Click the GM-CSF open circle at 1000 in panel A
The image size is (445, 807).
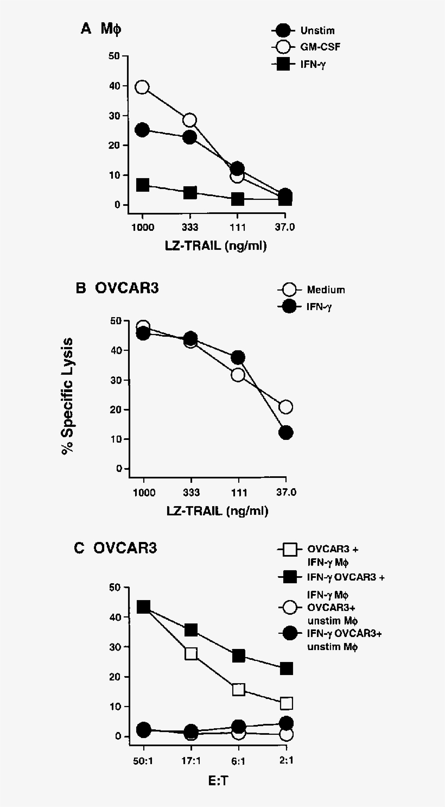pyautogui.click(x=142, y=87)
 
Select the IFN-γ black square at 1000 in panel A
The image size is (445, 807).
pyautogui.click(x=142, y=185)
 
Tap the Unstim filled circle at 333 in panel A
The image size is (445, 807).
pyautogui.click(x=190, y=137)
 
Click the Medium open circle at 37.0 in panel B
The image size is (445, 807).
pyautogui.click(x=286, y=407)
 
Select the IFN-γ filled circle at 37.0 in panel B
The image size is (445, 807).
pyautogui.click(x=286, y=432)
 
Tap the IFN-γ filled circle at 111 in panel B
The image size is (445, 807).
pyautogui.click(x=238, y=357)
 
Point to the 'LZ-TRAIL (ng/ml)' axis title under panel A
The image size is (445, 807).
pyautogui.click(x=216, y=245)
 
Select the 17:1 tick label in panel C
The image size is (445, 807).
pyautogui.click(x=190, y=760)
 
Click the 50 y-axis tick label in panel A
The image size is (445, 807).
pyautogui.click(x=114, y=56)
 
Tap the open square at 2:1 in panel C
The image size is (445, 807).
pyautogui.click(x=287, y=703)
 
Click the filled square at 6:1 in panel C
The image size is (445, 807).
pyautogui.click(x=239, y=655)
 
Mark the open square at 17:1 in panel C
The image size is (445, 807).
pyautogui.click(x=191, y=653)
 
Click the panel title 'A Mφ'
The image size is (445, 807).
pyautogui.click(x=101, y=29)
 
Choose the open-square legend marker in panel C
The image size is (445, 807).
pyautogui.click(x=290, y=550)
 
